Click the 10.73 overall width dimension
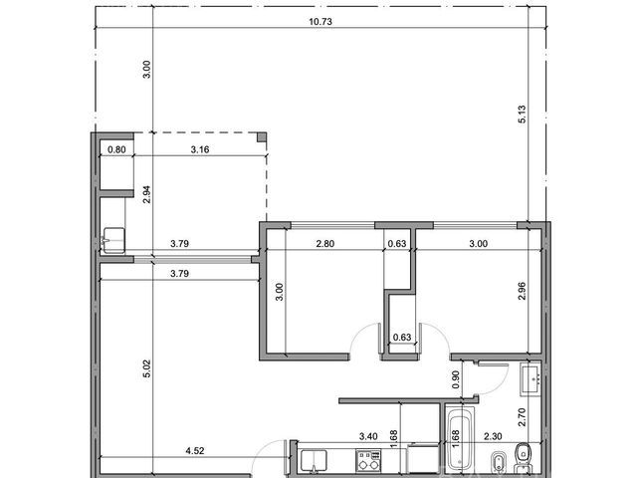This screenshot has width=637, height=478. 320,22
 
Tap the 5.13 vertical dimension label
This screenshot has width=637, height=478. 522,115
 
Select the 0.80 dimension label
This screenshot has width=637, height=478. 116,149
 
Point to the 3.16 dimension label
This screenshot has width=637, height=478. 200,149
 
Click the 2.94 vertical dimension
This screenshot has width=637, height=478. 146,194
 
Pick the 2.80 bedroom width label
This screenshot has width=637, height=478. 325,243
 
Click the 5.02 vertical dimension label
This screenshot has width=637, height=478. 146,368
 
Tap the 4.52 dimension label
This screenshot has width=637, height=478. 195,450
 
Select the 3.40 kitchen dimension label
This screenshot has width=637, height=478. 368,436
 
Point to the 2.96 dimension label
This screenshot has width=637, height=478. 522,291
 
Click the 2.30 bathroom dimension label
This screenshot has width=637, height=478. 493,436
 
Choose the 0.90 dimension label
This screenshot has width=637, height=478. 456,379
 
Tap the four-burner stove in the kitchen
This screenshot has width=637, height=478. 368,460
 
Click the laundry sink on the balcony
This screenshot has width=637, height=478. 113,240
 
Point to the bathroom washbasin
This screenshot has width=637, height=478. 531,379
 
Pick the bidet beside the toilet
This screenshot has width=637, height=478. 498,462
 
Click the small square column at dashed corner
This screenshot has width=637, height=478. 262,137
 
